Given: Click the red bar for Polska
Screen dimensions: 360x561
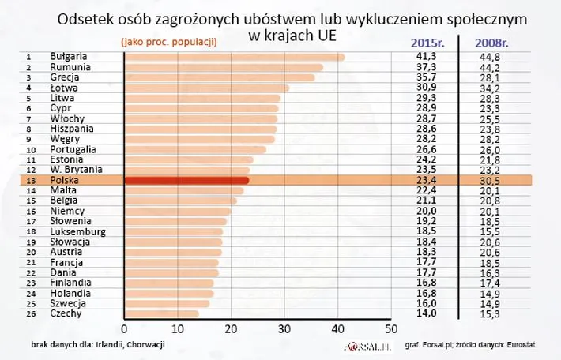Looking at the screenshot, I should [186, 180].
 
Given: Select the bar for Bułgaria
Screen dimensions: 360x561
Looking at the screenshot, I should [235, 57].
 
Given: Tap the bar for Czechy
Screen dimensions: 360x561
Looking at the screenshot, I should [162, 313].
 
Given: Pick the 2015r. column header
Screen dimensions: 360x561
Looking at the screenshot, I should [429, 43].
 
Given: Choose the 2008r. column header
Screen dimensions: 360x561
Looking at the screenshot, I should [494, 43].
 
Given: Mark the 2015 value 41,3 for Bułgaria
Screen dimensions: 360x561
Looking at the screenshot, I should [427, 57].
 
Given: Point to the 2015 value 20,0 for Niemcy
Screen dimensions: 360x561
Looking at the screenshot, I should [427, 211].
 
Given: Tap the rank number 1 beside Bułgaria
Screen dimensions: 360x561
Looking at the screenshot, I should [28, 57].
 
